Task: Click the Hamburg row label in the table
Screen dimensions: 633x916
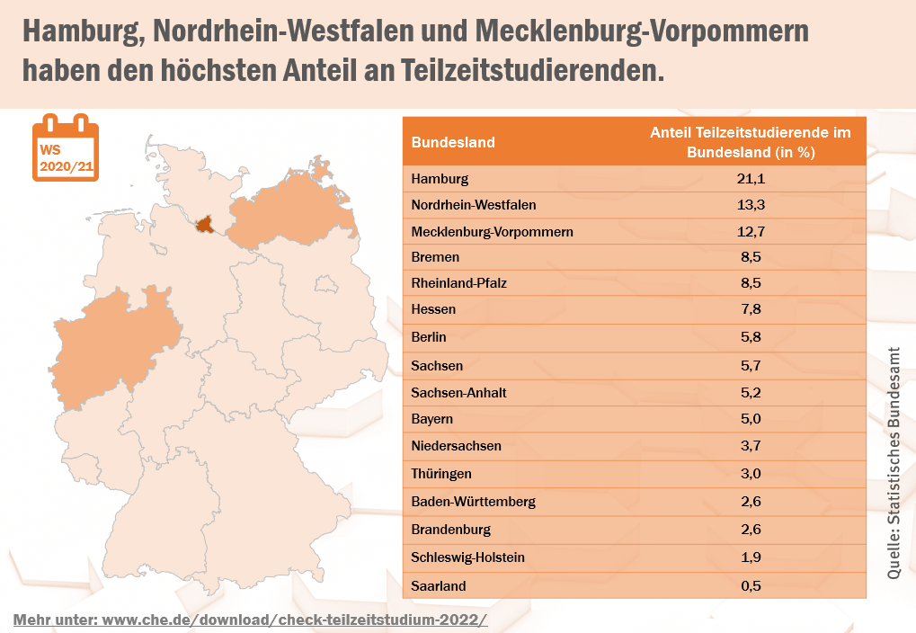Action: [x=440, y=179]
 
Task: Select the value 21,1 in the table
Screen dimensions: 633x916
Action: [x=751, y=179]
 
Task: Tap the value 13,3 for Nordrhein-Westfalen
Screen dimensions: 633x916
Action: [x=751, y=205]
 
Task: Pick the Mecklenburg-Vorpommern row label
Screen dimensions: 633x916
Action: [x=492, y=232]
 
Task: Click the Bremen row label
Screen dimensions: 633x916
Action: [x=435, y=257]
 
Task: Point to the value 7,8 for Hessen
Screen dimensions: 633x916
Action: [x=751, y=309]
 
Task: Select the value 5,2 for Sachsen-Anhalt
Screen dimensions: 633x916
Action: [x=751, y=393]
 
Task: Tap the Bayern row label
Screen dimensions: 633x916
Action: [x=432, y=419]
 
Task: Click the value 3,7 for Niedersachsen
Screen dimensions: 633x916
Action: [x=751, y=446]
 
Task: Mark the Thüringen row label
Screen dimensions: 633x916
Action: [x=441, y=474]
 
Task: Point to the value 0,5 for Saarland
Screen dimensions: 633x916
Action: [x=751, y=586]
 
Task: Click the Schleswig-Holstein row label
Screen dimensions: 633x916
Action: [x=467, y=557]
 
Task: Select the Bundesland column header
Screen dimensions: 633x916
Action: [x=453, y=142]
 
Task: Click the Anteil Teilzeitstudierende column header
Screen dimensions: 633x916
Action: [x=751, y=142]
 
